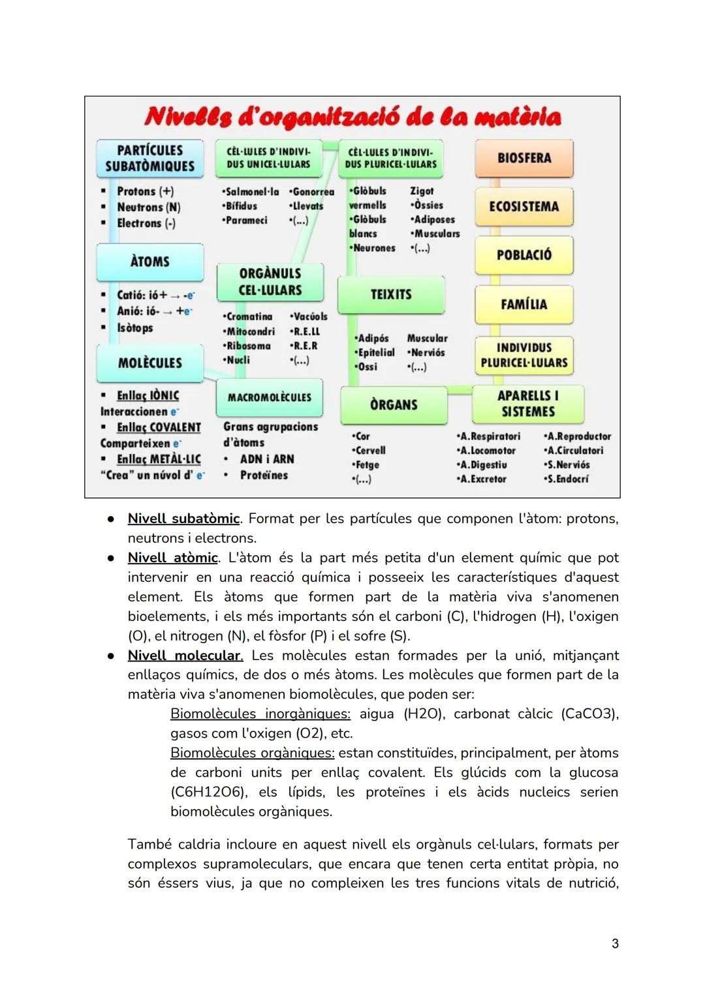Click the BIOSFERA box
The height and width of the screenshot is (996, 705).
pos(524,158)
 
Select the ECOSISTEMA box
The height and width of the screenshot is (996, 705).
pos(524,207)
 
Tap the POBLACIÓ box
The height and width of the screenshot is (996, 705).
pos(524,255)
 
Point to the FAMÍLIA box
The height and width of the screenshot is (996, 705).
pos(524,305)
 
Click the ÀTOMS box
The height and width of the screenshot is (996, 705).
pos(150,262)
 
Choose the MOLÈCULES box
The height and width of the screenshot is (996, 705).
pos(150,363)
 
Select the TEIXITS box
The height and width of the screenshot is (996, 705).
pos(391,295)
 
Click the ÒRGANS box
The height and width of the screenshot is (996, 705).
pos(394,405)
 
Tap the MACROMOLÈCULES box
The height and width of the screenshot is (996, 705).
pos(270,397)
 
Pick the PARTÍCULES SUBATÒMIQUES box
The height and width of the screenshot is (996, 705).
pos(150,158)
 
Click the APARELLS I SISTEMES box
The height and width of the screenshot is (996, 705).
pos(528,404)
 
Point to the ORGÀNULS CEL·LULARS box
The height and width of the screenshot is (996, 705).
pos(270,282)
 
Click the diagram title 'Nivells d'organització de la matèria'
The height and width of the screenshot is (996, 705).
pos(352,117)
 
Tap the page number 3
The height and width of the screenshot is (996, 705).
pos(615,943)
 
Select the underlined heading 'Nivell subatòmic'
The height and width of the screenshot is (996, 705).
pos(183,519)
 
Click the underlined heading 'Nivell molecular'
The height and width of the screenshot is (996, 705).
pos(185,656)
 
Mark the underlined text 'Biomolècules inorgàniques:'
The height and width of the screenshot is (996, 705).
pos(260,714)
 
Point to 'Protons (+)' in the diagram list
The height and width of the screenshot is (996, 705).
pos(145,192)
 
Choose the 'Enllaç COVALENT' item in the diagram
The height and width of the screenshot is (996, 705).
pos(159,428)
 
